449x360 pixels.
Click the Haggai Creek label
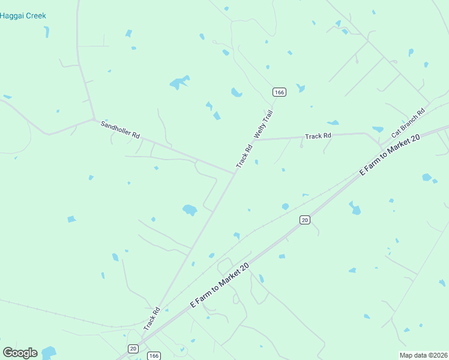click(23, 16)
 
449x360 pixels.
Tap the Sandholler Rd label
click(120, 130)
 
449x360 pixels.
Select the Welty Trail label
click(264, 124)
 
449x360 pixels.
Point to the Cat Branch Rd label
click(408, 123)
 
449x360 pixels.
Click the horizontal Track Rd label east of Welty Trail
click(318, 136)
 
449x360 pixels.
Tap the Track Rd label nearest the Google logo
click(152, 319)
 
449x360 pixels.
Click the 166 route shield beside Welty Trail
click(279, 92)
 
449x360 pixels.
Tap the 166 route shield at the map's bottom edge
click(154, 356)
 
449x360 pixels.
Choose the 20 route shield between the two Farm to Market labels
click(305, 220)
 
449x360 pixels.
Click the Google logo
click(20, 353)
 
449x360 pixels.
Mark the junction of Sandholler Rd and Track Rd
click(234, 172)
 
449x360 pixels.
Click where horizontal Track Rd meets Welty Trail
click(258, 140)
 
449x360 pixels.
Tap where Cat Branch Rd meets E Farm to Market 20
click(382, 148)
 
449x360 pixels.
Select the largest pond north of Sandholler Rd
click(179, 83)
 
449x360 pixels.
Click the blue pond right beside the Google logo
click(48, 352)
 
